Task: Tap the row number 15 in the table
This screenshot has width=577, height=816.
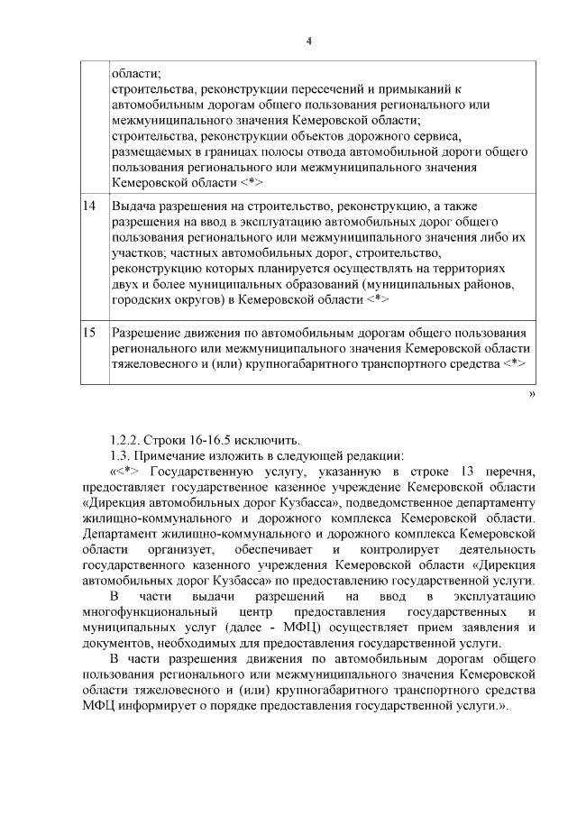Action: pyautogui.click(x=89, y=332)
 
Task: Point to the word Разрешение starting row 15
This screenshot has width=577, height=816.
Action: pyautogui.click(x=148, y=332)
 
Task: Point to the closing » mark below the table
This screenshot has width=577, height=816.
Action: pyautogui.click(x=532, y=394)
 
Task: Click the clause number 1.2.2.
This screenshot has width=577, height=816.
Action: pyautogui.click(x=125, y=440)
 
